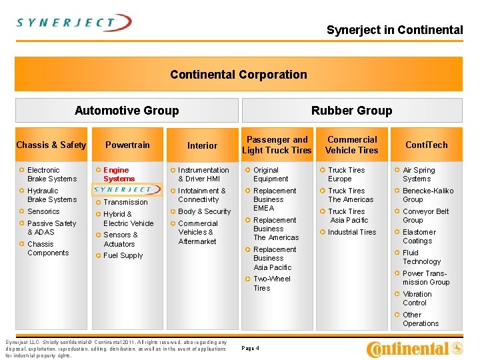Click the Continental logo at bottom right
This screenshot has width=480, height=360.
(x=415, y=348)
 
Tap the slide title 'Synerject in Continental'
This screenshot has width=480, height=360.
(x=394, y=30)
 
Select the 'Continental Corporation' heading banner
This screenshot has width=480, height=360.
(x=239, y=75)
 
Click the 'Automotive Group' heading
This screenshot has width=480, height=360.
(x=127, y=111)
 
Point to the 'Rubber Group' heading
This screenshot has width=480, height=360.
(x=351, y=111)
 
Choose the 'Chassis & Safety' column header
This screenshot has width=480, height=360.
(x=51, y=145)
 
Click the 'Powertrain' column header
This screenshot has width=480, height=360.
(x=127, y=145)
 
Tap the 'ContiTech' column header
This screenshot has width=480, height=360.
(x=427, y=145)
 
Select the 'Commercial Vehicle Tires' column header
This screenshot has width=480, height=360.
(x=351, y=145)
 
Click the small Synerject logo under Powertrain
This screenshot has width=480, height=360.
(x=127, y=189)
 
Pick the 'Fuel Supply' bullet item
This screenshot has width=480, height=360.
(x=123, y=256)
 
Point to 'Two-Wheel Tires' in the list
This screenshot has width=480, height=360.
(x=271, y=283)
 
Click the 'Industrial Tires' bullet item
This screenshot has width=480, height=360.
(x=352, y=232)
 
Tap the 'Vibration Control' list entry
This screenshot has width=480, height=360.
(x=417, y=299)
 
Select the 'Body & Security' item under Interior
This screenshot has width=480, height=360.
(x=204, y=211)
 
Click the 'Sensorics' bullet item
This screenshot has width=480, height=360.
(x=43, y=211)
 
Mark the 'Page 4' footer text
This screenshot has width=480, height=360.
(x=251, y=349)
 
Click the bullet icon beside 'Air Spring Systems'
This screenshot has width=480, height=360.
(x=397, y=171)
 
